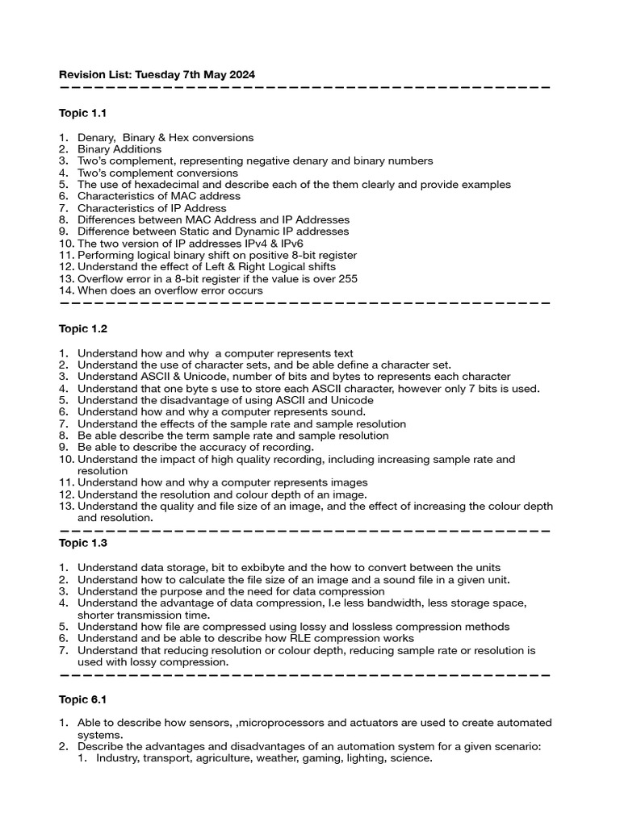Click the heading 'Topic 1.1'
pos(82,113)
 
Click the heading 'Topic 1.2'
pos(82,329)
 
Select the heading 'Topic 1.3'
pos(82,543)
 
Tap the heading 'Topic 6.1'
pos(82,699)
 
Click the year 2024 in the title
pos(241,74)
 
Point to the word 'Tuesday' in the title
pos(158,74)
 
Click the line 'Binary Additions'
pos(119,149)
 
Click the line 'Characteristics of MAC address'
pos(159,196)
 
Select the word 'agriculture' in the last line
pos(247,758)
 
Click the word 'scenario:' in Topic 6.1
pos(515,747)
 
